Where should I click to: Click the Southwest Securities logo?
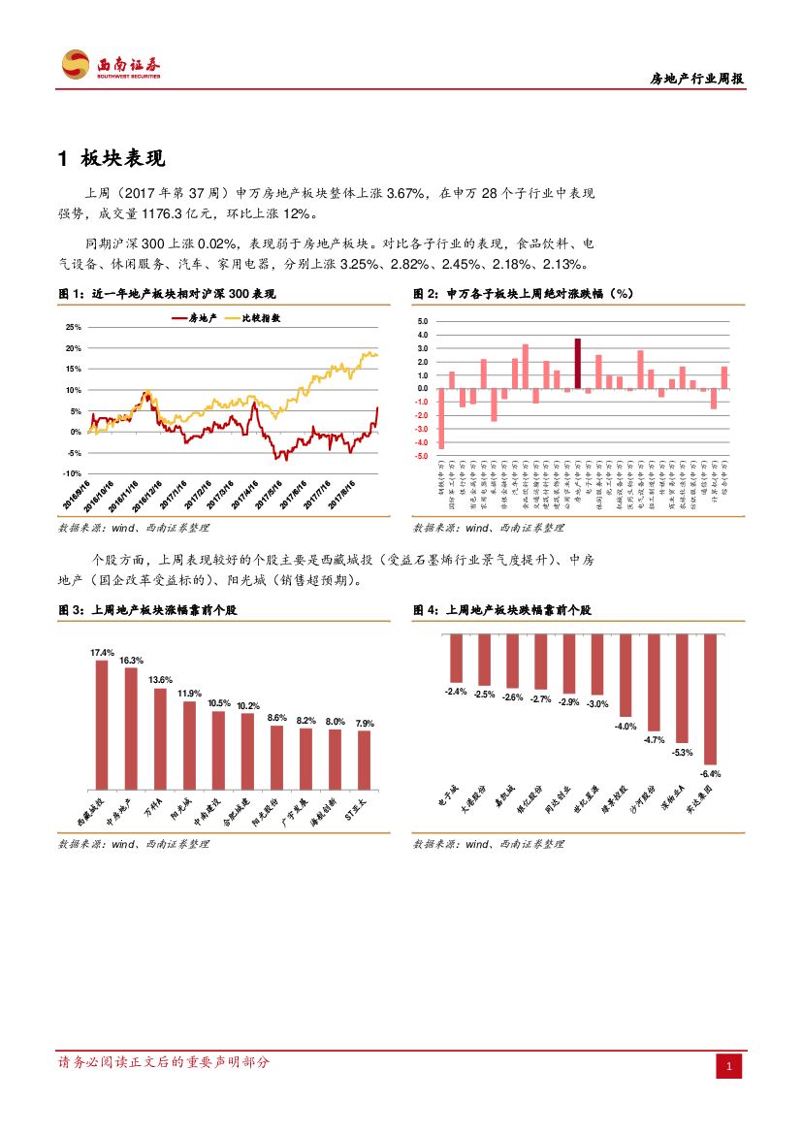tap(111, 65)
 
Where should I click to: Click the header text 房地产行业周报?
tap(696, 80)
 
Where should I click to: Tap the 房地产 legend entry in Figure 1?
tap(194, 317)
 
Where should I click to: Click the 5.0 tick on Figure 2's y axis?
tap(422, 321)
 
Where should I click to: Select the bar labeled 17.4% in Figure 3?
tap(101, 724)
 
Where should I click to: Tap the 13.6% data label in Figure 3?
tap(160, 680)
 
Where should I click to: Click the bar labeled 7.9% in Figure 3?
tap(365, 759)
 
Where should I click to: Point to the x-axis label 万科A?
tap(152, 807)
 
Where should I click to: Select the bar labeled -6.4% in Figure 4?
tap(711, 699)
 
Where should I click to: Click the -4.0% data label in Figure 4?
tap(626, 726)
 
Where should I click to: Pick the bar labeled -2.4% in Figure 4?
tap(456, 659)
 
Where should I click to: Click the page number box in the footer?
tap(729, 1067)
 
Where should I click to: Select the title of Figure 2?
tap(524, 293)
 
